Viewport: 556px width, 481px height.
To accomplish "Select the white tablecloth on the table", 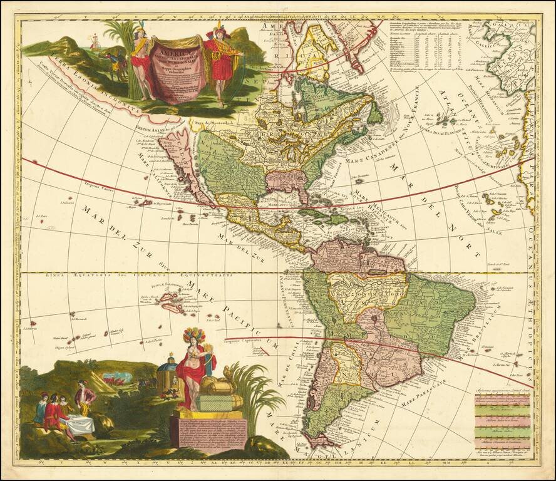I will click(x=80, y=425).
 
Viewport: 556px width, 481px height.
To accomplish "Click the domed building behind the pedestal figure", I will click(x=167, y=370).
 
